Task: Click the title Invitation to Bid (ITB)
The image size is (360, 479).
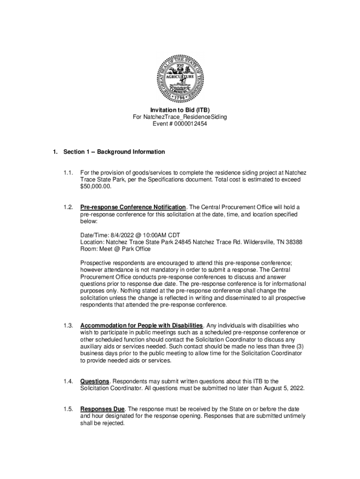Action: [x=180, y=110]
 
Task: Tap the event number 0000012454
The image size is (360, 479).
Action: [x=190, y=124]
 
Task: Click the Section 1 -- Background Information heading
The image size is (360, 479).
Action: [x=114, y=152]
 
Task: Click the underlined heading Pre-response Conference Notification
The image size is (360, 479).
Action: [x=133, y=207]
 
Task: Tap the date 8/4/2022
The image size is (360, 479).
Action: [x=126, y=235]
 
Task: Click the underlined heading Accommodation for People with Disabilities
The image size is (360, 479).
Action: [x=142, y=326]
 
